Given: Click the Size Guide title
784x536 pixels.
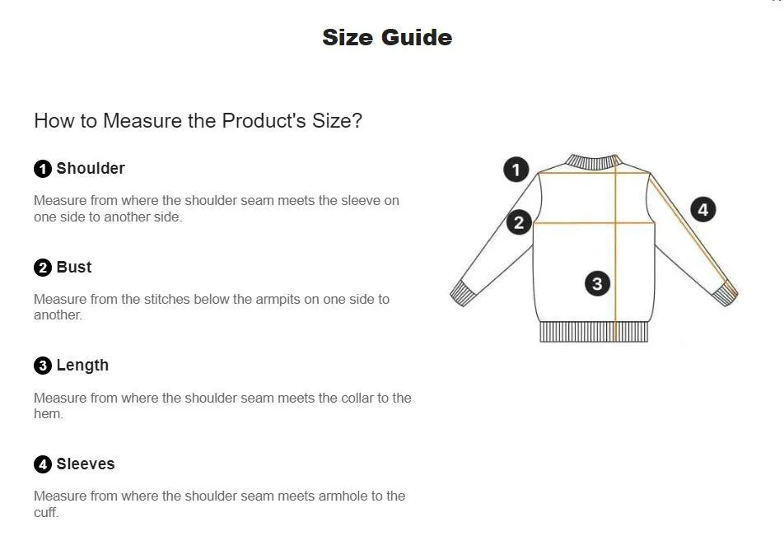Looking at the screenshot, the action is tap(387, 38).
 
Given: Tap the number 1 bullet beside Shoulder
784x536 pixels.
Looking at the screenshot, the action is tap(43, 169).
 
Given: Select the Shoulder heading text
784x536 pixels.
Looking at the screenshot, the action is tap(91, 169).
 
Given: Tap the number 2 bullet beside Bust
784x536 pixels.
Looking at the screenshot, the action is tap(43, 268).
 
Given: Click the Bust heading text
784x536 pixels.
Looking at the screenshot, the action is tap(74, 267).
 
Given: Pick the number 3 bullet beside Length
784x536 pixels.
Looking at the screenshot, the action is tap(43, 366).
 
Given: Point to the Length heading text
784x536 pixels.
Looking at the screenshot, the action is tap(82, 366).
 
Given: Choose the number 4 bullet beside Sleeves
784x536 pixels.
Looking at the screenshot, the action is tap(43, 464).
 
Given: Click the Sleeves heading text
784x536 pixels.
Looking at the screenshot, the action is tap(86, 464).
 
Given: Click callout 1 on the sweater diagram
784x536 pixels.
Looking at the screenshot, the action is tap(516, 170).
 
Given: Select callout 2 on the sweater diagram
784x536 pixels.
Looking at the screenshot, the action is tap(519, 222).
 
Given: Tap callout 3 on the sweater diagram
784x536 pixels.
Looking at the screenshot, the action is tap(597, 283).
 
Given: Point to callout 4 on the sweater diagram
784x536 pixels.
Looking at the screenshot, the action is tap(703, 209).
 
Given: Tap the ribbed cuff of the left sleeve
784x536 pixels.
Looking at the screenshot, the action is tap(462, 293).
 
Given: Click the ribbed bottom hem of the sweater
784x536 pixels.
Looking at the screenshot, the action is tap(594, 332).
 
